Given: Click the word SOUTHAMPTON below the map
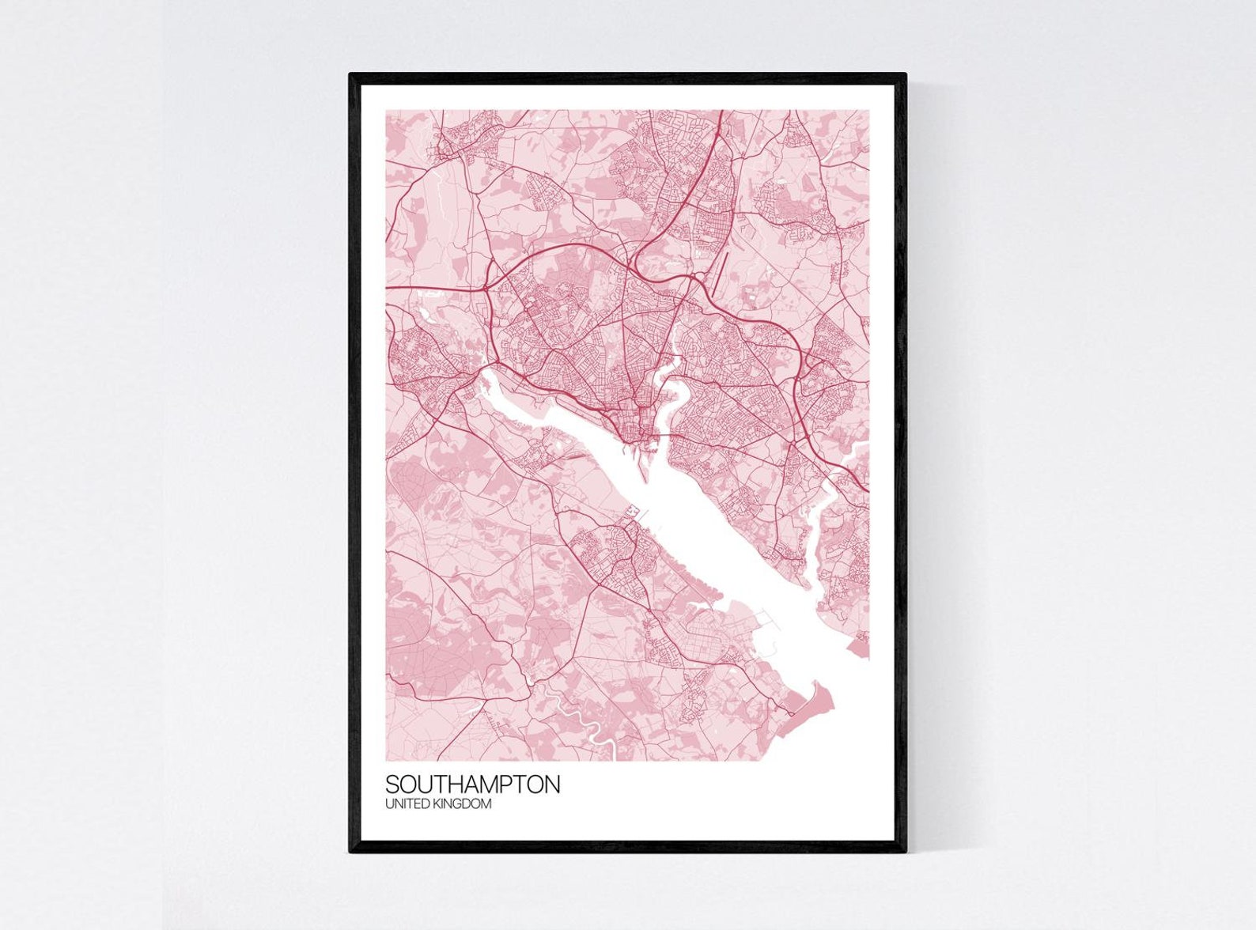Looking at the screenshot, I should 472,784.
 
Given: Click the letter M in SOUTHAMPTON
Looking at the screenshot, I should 500,784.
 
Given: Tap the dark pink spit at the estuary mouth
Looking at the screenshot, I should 811,708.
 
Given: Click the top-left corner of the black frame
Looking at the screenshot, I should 351,75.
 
